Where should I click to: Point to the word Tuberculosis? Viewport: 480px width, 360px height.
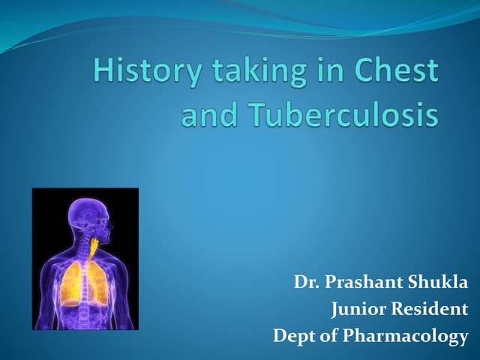pos(343,113)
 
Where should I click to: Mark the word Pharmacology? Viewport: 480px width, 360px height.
pos(405,336)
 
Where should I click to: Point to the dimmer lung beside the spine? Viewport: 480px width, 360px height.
pos(98,284)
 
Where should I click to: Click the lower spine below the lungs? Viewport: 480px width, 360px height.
pos(84,318)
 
